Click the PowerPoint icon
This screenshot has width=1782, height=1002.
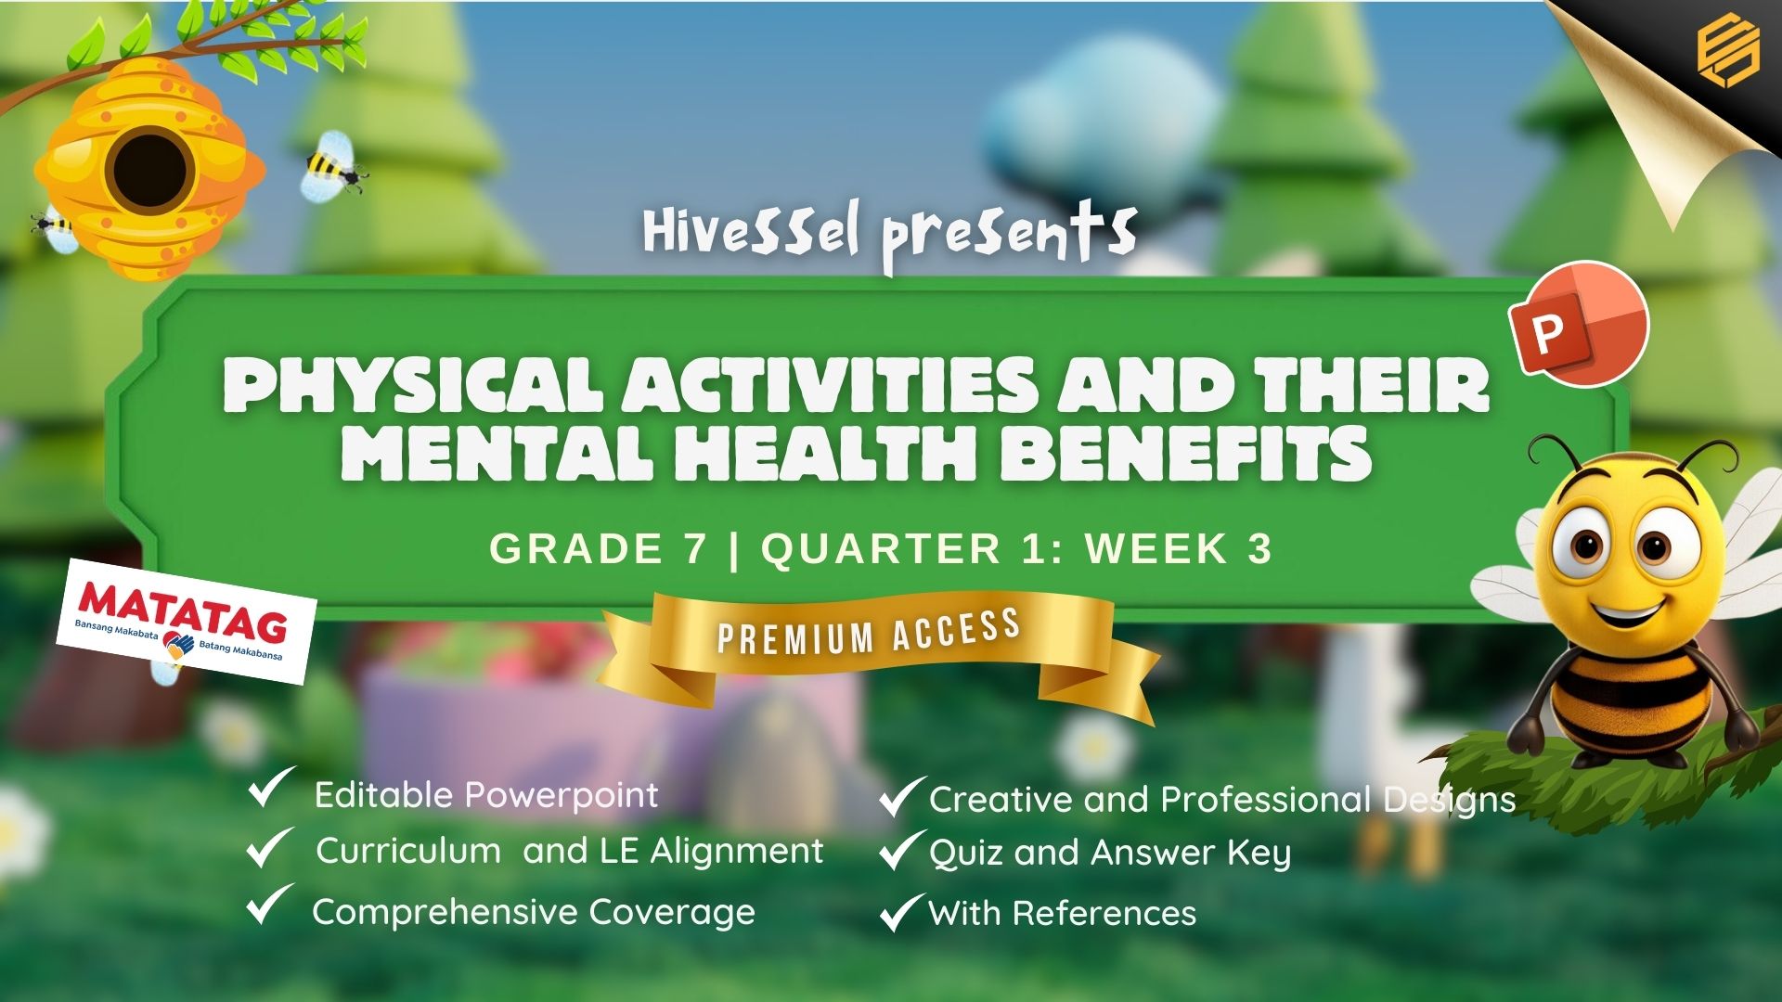click(x=1579, y=324)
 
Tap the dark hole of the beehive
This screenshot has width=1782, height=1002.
click(x=149, y=173)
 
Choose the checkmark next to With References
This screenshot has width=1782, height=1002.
click(x=901, y=912)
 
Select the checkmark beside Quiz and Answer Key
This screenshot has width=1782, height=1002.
click(x=901, y=851)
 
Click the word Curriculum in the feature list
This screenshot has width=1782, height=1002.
click(x=408, y=851)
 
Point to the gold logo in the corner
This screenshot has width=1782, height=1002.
click(x=1727, y=54)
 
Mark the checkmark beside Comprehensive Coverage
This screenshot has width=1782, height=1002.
click(x=270, y=905)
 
